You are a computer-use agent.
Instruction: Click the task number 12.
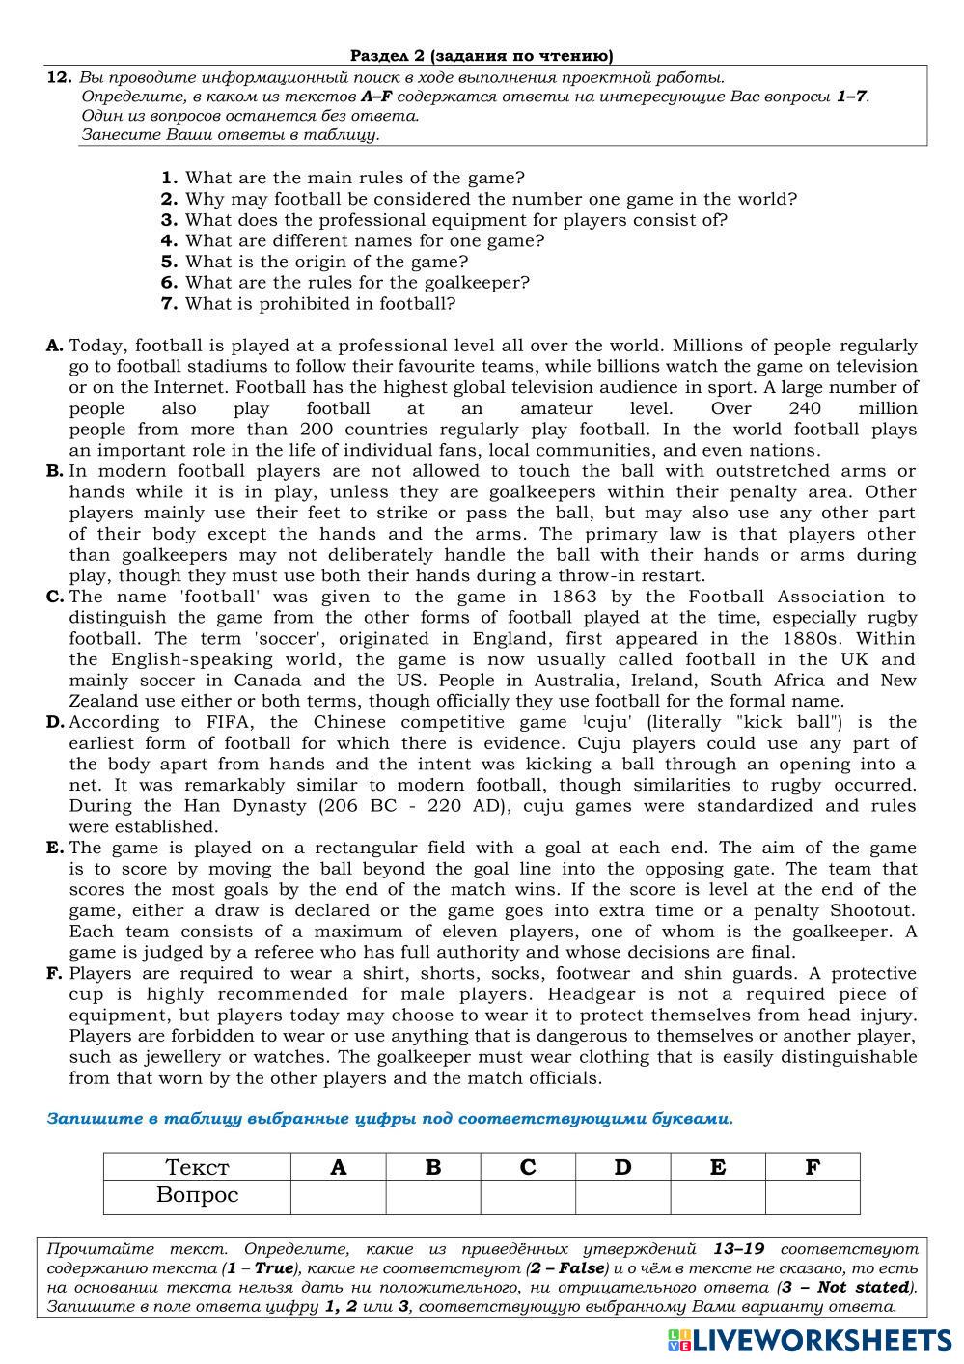[x=59, y=77]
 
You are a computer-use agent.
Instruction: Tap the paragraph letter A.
[x=55, y=346]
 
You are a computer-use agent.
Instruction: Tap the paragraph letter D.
[x=55, y=722]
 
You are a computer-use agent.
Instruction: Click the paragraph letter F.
[x=55, y=973]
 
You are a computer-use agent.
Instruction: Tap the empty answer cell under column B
[x=433, y=1196]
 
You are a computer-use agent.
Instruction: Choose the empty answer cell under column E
[x=718, y=1196]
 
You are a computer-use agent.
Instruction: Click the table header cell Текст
[x=197, y=1167]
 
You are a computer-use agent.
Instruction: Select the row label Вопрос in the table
[x=197, y=1196]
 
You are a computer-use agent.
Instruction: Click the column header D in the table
[x=622, y=1167]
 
